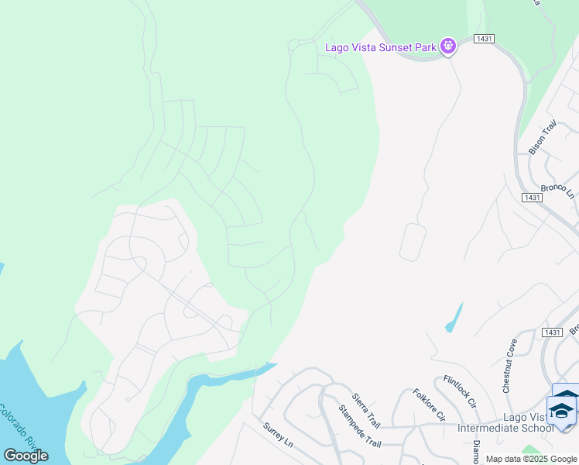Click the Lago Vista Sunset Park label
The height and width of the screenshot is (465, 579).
[x=380, y=47]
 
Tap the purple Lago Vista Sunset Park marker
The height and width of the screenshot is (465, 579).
[x=447, y=47]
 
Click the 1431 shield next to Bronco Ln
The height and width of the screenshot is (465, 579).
[x=531, y=198]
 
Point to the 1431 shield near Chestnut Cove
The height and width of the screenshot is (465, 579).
[x=551, y=332]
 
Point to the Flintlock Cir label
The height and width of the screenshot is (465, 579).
[x=460, y=391]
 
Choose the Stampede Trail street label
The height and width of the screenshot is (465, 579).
[x=360, y=425]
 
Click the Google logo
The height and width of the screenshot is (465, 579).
[x=26, y=456]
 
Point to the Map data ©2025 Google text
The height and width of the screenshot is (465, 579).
[x=531, y=459]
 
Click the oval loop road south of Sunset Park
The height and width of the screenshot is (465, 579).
[x=413, y=243]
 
